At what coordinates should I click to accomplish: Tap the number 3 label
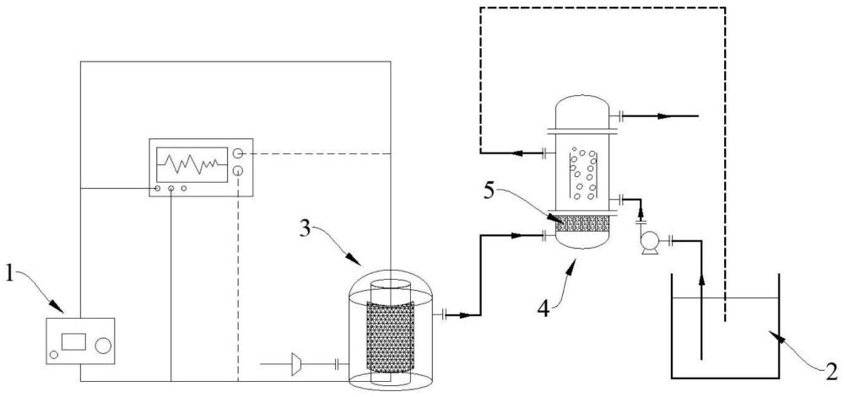point(306,229)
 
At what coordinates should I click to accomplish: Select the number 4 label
point(544,308)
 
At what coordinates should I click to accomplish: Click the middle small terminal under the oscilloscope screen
point(170,189)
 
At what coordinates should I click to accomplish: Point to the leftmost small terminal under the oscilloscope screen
point(157,189)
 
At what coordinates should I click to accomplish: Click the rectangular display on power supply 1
point(73,341)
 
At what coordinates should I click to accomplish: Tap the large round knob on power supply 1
point(103,346)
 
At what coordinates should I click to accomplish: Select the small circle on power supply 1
point(53,355)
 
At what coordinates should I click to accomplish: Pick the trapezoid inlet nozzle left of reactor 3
point(295,364)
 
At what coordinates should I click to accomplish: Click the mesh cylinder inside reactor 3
point(390,336)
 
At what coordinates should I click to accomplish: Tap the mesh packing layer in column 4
point(583,223)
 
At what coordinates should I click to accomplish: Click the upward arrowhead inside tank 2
point(701,280)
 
